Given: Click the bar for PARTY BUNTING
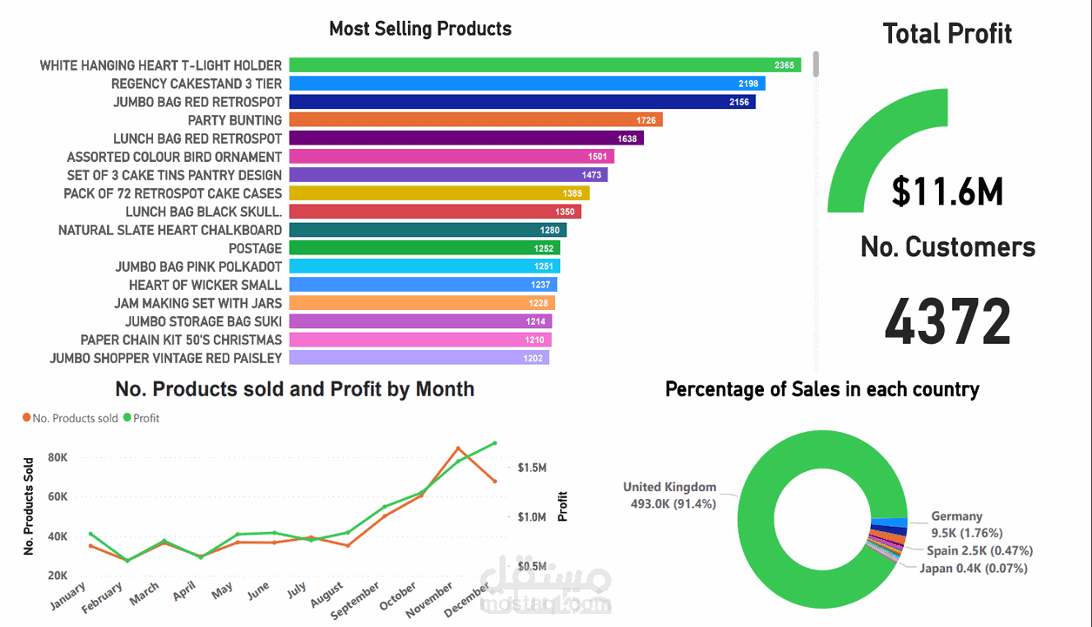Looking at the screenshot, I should [475, 120].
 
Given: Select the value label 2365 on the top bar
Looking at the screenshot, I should [784, 65].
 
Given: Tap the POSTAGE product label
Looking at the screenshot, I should [255, 248].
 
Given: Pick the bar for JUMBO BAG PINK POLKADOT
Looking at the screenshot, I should [425, 266].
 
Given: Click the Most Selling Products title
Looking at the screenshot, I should [420, 29].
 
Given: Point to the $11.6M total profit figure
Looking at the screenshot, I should [948, 192].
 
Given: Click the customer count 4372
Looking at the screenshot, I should [948, 321].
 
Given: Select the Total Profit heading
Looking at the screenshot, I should [948, 34].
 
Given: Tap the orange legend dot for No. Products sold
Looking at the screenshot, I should [27, 418].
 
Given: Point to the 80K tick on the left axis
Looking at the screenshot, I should [57, 457].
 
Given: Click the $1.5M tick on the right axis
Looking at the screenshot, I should [532, 468].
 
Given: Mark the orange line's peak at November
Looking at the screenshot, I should [458, 448].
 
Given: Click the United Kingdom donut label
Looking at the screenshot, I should [669, 488].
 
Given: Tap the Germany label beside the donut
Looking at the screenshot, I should [956, 516].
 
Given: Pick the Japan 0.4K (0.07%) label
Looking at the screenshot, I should [973, 569].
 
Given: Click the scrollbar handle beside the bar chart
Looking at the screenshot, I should [816, 64].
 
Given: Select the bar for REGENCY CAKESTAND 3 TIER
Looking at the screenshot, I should [526, 84].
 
